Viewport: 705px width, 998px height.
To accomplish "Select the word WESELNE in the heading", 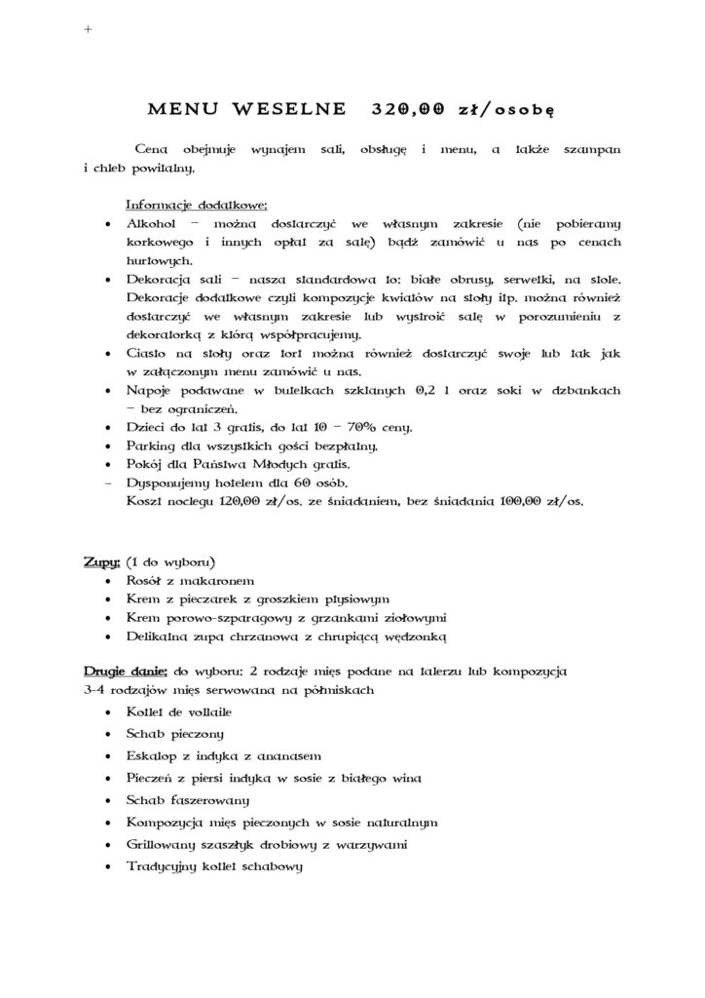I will [x=291, y=109].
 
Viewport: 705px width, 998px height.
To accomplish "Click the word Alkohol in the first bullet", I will [x=150, y=223].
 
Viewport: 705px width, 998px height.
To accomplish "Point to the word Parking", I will [x=152, y=445].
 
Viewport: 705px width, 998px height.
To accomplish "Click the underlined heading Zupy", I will [x=101, y=563].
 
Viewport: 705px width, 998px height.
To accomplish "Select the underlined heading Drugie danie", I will [x=126, y=672].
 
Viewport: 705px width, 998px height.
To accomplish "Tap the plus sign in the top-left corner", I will [x=89, y=30].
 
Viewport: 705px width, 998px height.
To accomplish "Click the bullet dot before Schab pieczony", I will [x=106, y=734].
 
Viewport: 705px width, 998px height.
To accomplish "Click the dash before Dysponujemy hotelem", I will [x=106, y=483].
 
